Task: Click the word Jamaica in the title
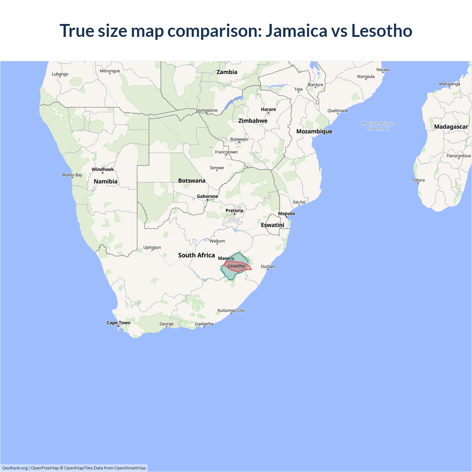[296, 31]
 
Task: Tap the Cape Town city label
[118, 323]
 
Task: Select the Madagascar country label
[451, 127]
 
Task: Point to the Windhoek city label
[103, 170]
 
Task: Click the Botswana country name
[192, 181]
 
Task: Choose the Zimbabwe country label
[253, 121]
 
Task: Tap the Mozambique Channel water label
[378, 126]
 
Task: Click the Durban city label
[268, 267]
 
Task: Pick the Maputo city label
[287, 214]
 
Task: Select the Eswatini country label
[273, 225]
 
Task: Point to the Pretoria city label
[234, 211]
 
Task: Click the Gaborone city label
[207, 197]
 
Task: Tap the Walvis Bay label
[72, 175]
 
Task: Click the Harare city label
[268, 110]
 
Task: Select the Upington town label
[152, 247]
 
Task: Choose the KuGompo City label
[231, 310]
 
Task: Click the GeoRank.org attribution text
[15, 468]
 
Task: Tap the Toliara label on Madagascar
[418, 180]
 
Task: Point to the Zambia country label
[227, 72]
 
